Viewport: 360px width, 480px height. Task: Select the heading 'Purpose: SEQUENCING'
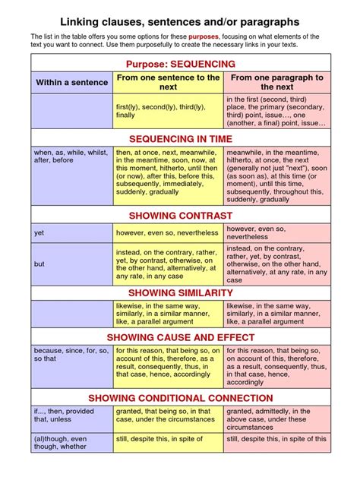point(181,64)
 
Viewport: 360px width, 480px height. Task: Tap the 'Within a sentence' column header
point(71,82)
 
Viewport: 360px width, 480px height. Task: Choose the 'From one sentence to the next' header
point(168,82)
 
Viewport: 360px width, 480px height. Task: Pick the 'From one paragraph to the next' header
point(276,82)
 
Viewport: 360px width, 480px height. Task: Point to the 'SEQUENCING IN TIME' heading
point(181,139)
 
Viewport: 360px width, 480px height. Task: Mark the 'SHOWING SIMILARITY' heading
point(181,292)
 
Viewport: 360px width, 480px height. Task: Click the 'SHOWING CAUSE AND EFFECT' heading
point(181,337)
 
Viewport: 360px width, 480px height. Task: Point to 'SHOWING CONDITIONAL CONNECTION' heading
point(181,397)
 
